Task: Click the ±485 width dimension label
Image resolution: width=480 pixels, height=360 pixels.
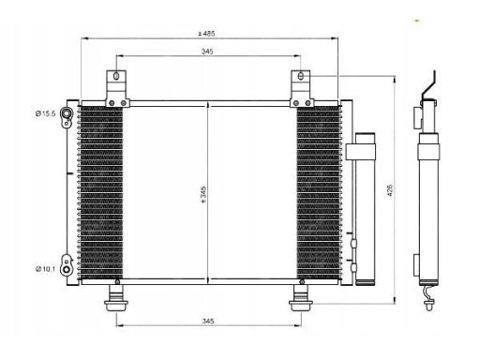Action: pos(206,34)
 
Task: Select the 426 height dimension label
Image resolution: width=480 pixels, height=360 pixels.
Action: pos(390,190)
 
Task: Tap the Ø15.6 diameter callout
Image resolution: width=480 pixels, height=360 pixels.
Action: pos(45,113)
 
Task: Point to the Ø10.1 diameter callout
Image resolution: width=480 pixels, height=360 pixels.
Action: pos(45,269)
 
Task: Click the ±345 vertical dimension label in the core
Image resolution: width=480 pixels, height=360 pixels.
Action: pos(203,195)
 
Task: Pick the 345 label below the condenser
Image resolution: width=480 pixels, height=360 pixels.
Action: pos(208,321)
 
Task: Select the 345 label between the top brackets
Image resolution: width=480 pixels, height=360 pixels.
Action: pos(207,52)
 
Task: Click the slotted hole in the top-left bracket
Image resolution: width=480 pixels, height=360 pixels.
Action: pos(116,76)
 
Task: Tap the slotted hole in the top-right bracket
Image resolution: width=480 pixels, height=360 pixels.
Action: pos(301,76)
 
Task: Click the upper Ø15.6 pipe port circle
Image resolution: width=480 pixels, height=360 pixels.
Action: pos(67,112)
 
